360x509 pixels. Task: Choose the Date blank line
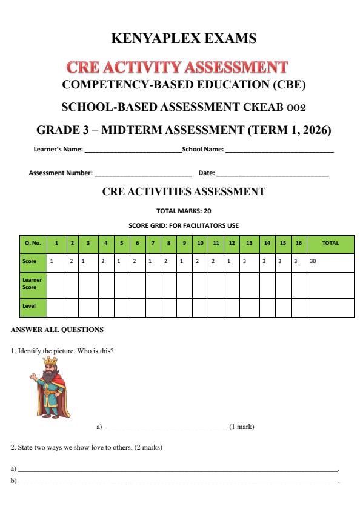tap(272, 175)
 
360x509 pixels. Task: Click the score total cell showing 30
tap(314, 262)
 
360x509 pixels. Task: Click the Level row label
tap(28, 307)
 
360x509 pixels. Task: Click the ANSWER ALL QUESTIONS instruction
tap(52, 330)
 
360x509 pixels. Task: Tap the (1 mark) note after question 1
tap(242, 427)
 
